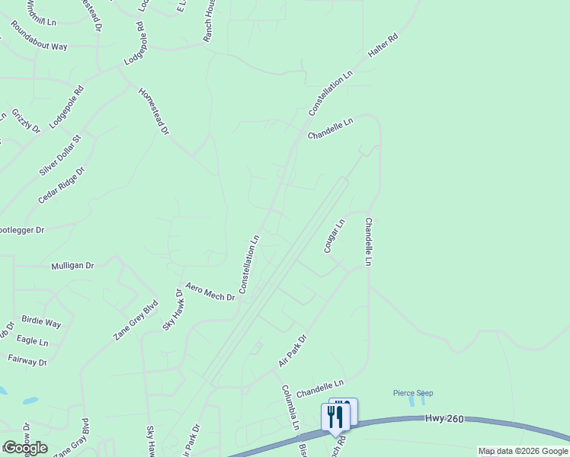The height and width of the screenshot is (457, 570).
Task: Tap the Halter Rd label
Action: (x=383, y=47)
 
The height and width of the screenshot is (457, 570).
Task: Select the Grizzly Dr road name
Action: (x=25, y=120)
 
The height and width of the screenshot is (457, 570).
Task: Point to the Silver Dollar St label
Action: (x=59, y=156)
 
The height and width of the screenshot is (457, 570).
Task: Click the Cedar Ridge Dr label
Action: (x=60, y=185)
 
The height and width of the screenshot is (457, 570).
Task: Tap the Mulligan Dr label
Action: (x=72, y=266)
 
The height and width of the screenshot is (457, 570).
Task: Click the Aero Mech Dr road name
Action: (x=210, y=290)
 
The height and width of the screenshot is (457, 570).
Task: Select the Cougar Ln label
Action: (x=335, y=236)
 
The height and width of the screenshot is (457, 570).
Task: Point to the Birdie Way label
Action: (x=41, y=321)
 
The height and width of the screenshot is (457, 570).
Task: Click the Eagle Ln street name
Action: (x=33, y=340)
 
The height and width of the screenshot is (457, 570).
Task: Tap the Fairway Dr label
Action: (x=27, y=359)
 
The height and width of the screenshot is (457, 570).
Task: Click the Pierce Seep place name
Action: (x=413, y=393)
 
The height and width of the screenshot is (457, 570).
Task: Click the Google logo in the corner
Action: (x=25, y=448)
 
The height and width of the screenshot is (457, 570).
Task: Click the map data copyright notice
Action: (x=523, y=452)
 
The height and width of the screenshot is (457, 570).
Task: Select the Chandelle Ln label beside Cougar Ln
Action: (x=370, y=241)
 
